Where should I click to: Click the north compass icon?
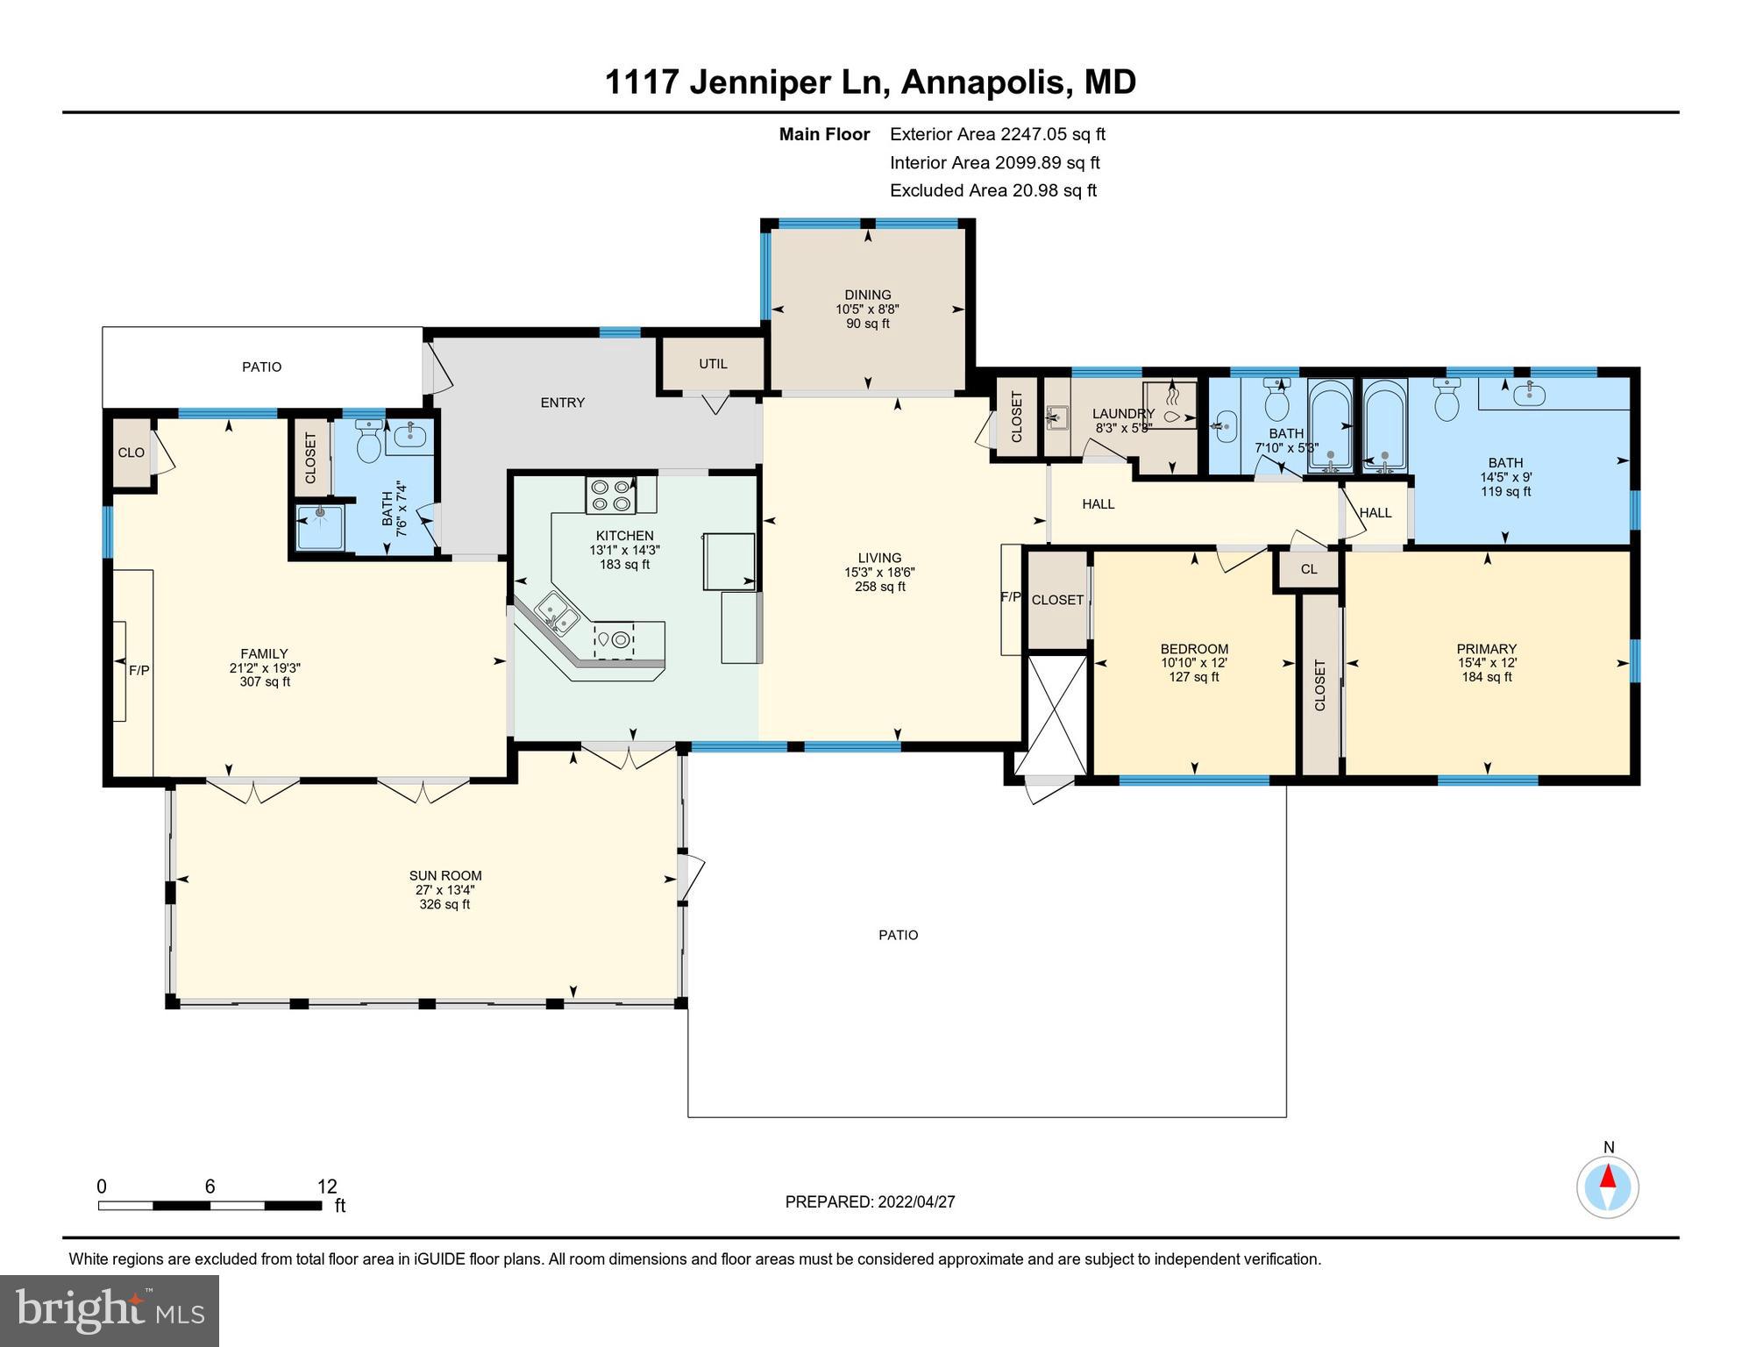[x=1607, y=1187]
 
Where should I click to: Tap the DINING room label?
[x=867, y=295]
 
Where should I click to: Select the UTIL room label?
[x=713, y=364]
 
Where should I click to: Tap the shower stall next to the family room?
[x=320, y=526]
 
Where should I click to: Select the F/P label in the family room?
[x=139, y=671]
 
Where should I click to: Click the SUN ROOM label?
[x=445, y=875]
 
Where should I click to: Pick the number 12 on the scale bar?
[x=327, y=1187]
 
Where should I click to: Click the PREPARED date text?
[x=870, y=1202]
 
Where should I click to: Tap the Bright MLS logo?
[x=110, y=1310]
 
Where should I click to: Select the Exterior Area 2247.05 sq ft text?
[x=997, y=134]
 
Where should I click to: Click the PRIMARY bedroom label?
[x=1486, y=650]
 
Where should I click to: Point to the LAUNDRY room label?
[x=1123, y=414]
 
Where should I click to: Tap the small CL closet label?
[x=1308, y=569]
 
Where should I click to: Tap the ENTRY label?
[x=562, y=403]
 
